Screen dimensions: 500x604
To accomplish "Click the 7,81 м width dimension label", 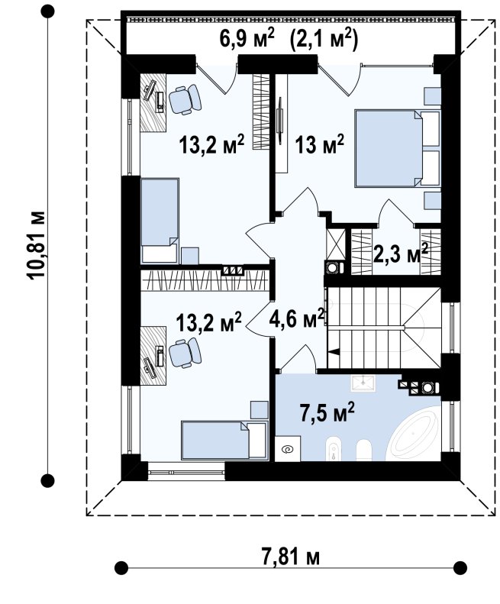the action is tap(291, 557).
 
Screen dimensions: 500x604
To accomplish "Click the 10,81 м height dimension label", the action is tap(37, 244).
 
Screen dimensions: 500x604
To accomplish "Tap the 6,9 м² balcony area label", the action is tap(247, 39).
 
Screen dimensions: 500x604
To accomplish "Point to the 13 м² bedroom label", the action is tap(319, 144).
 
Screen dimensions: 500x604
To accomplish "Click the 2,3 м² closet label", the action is tap(401, 253).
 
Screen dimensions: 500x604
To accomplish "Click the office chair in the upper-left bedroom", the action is tap(185, 99).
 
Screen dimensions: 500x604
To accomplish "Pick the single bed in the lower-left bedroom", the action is tap(224, 440).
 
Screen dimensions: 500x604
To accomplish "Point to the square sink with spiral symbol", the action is tap(288, 449).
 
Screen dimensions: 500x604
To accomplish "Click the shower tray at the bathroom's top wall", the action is tap(363, 383).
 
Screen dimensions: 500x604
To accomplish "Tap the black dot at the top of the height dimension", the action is tap(47, 12).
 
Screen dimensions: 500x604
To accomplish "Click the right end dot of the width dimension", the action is tap(460, 568).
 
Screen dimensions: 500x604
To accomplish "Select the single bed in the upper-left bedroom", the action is tap(160, 221).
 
